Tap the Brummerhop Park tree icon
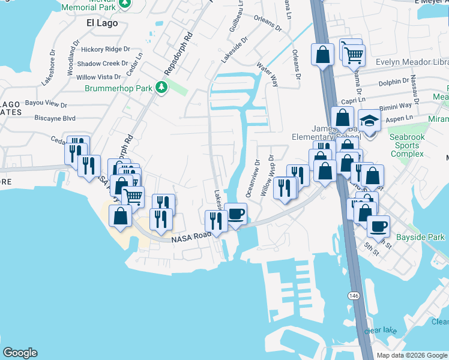tap(161, 88)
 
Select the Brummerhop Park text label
tap(118, 88)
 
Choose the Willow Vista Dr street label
tap(99, 77)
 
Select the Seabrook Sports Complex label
tap(407, 145)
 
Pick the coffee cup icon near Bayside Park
tap(378, 226)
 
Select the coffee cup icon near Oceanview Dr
tap(236, 213)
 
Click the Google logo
tap(20, 353)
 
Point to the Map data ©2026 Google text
tap(411, 355)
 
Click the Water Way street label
tap(267, 73)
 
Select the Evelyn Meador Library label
tap(412, 62)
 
